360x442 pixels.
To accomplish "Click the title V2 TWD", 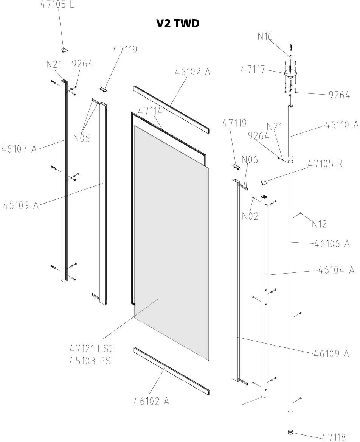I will coord(178,23).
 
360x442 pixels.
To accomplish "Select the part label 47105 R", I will coord(325,164).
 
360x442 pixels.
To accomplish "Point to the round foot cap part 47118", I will coord(290,431).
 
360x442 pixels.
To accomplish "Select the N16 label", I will coord(265,36).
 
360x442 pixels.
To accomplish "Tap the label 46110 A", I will coord(341,125).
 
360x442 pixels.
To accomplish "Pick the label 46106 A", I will coord(332,244).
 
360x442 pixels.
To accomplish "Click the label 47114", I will coord(150,111).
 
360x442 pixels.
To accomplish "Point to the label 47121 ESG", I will coord(92,348).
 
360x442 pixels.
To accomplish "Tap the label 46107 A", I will coord(19,148).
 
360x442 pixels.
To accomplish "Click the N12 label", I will coord(319,224).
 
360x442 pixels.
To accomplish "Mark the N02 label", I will coord(250,216).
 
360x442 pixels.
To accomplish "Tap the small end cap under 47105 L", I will coord(64,50).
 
